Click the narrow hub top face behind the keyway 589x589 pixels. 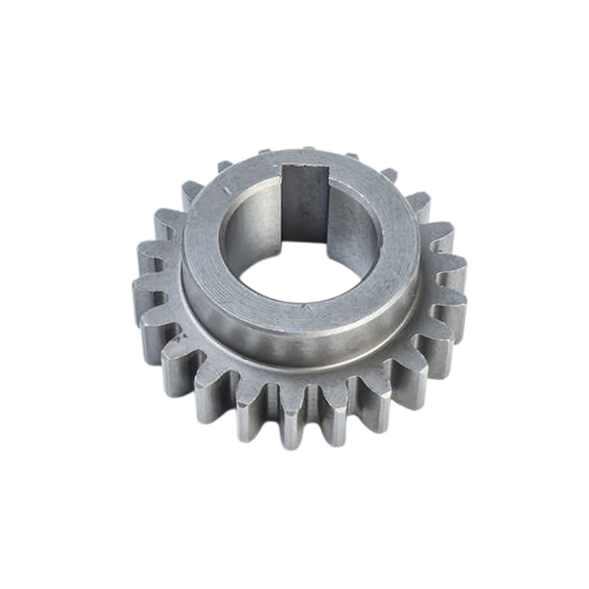click(x=306, y=158)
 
